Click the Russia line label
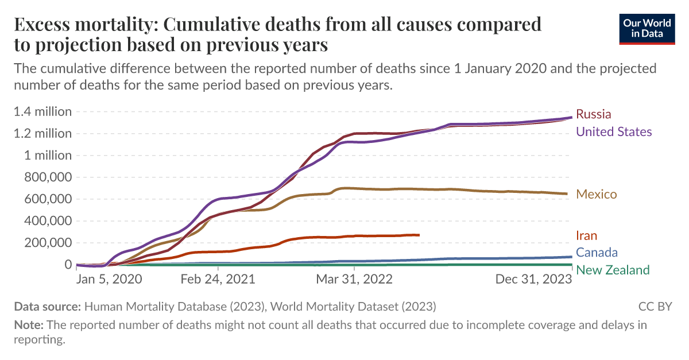click(x=593, y=114)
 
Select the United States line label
click(x=614, y=132)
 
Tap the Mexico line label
click(x=596, y=194)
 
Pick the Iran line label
click(x=586, y=235)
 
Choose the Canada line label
click(x=597, y=253)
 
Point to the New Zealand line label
click(x=613, y=270)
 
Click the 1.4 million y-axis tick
click(x=43, y=111)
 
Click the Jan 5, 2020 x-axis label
click(x=110, y=279)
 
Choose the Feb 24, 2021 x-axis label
click(x=218, y=279)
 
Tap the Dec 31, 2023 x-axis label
click(x=534, y=279)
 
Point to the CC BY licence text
click(x=655, y=306)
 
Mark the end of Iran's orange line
click(x=419, y=235)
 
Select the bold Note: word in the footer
click(x=29, y=325)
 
